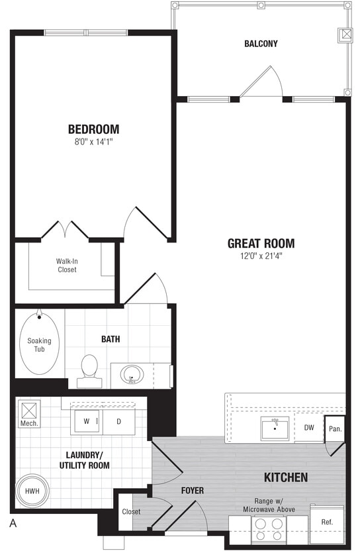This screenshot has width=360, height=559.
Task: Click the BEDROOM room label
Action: point(93,128)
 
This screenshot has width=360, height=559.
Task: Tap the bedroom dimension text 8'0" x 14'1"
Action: point(93,142)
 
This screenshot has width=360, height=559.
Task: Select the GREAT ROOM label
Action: point(261,243)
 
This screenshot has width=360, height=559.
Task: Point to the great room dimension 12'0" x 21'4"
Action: point(261,256)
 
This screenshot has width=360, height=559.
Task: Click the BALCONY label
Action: point(261,44)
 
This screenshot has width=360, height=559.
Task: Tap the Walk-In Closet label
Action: point(66,265)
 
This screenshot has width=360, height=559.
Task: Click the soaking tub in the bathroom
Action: point(39,345)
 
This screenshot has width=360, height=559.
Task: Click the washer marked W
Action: point(86,421)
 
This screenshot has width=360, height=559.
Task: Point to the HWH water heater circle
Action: point(32,492)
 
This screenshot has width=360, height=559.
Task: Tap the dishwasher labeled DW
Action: point(308,428)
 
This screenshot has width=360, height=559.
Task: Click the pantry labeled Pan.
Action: point(335,429)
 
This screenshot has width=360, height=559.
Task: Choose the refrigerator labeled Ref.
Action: point(327,521)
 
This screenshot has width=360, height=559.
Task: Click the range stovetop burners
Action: point(269,529)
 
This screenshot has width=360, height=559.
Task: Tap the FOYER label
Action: point(193,491)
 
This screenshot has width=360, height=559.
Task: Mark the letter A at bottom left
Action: point(13,523)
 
